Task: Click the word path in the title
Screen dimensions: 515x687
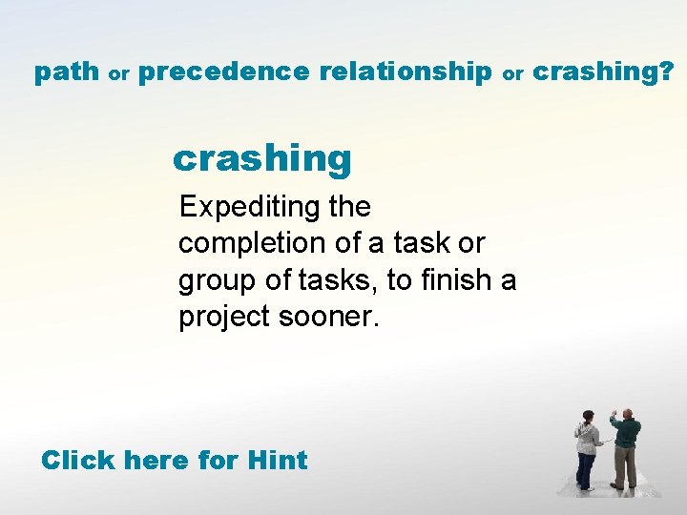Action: (66, 72)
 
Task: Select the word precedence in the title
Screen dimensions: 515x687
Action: (223, 72)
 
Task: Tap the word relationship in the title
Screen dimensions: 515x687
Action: (406, 72)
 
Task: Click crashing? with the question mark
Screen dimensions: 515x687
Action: (603, 72)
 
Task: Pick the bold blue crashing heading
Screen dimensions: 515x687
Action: (262, 158)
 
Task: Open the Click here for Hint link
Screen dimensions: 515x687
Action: (174, 461)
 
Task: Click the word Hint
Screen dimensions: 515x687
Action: (277, 461)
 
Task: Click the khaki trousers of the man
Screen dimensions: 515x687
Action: (625, 467)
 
